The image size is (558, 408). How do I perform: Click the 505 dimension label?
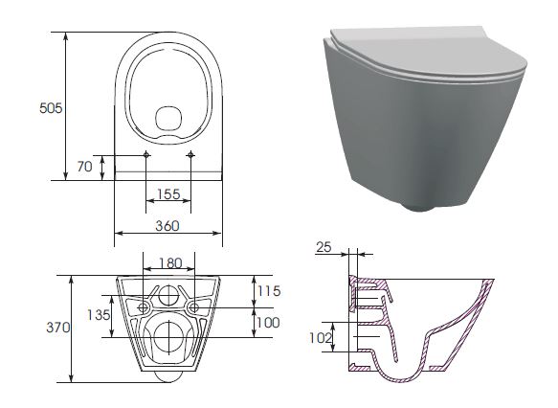[x=51, y=108]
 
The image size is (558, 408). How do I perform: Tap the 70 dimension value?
[x=84, y=167]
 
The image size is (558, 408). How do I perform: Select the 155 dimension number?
[x=168, y=194]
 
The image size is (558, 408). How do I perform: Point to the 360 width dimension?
[x=167, y=226]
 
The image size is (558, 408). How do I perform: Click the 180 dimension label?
[x=170, y=263]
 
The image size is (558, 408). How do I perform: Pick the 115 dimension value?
[x=269, y=291]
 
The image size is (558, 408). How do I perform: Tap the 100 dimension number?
[x=268, y=323]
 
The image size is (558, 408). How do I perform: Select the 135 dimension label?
[x=99, y=315]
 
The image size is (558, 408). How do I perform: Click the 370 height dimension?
[x=58, y=328]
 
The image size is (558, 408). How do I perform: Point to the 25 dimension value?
[x=324, y=247]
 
